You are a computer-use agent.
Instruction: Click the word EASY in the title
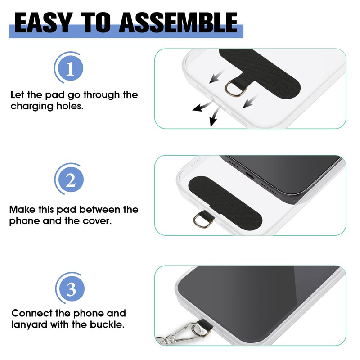click(x=42, y=22)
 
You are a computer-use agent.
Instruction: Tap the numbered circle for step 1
click(x=69, y=69)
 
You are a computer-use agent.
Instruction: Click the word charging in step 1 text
click(x=31, y=107)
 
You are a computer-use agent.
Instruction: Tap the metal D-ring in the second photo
click(x=200, y=220)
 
